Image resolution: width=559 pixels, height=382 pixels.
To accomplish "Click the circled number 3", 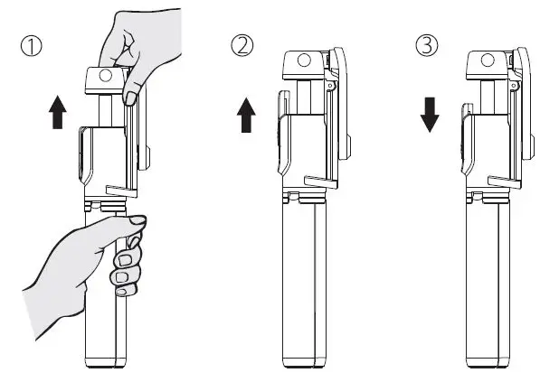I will coord(427,44).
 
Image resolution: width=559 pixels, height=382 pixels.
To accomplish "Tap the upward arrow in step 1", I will coord(57,115).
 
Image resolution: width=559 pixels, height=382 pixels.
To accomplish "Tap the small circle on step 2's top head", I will coord(302,62).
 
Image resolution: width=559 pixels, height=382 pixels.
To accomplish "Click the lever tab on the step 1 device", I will coord(119,189).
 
